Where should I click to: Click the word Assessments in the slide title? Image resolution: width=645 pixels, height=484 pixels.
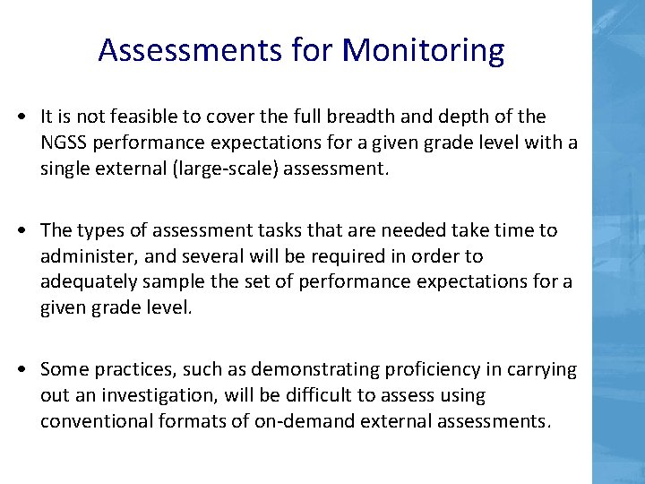[189, 50]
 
